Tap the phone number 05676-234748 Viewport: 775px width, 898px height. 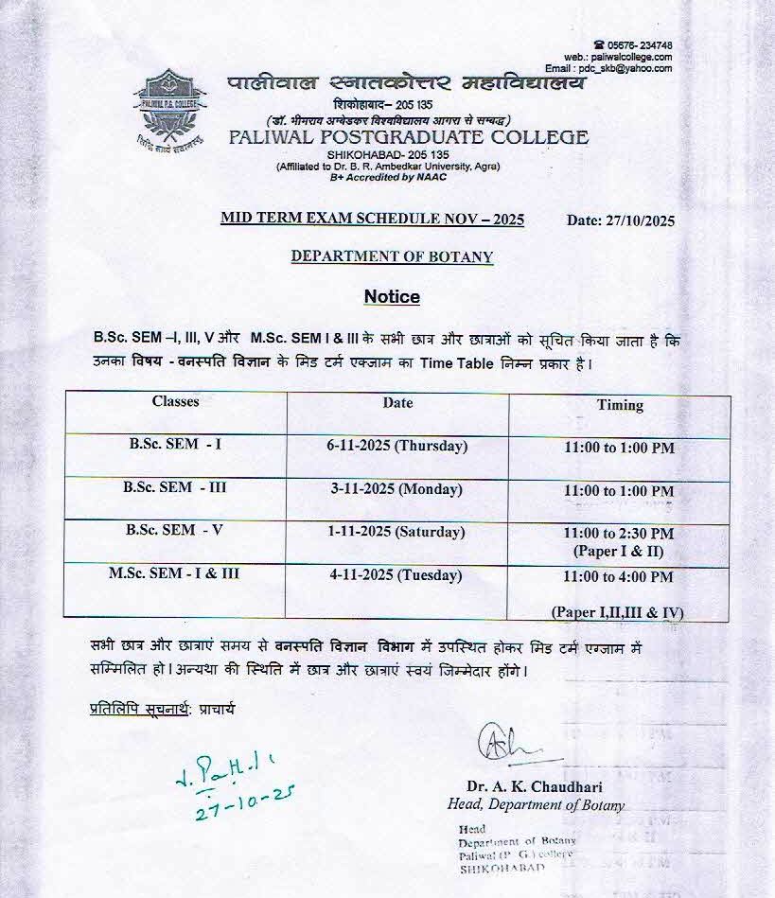(x=639, y=45)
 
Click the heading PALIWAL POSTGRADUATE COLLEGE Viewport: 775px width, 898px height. (x=408, y=137)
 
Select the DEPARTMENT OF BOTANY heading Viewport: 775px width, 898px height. (x=392, y=256)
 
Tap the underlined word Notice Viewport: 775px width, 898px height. (x=392, y=296)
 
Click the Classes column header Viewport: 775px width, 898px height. (x=175, y=401)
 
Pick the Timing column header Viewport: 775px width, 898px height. (x=620, y=405)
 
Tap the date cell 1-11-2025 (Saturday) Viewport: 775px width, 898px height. (x=396, y=532)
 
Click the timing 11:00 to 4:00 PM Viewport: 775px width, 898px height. (x=618, y=576)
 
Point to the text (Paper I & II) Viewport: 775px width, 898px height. (x=618, y=551)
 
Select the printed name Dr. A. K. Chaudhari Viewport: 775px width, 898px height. (x=534, y=786)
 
